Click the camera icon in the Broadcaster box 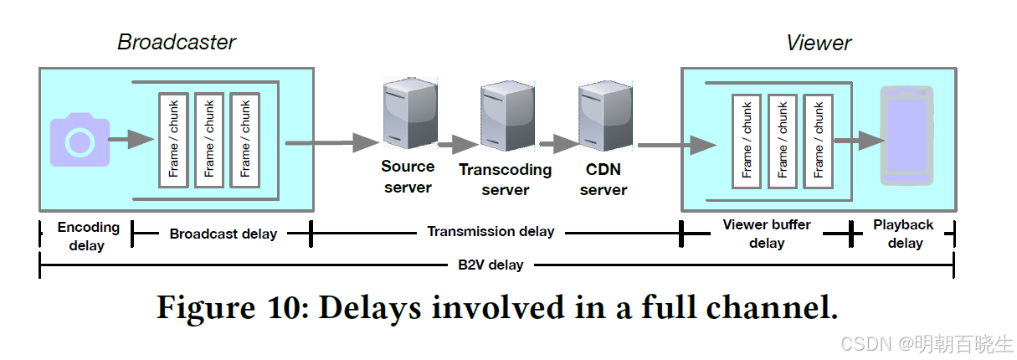click(80, 140)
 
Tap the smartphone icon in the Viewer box click(906, 136)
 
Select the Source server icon click(409, 113)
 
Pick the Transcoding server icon click(506, 117)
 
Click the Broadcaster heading click(177, 42)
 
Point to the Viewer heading click(819, 42)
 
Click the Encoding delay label click(87, 236)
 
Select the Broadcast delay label click(223, 234)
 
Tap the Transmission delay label click(491, 231)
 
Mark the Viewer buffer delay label click(767, 234)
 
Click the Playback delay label click(904, 234)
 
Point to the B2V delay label click(491, 265)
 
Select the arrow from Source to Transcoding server click(457, 144)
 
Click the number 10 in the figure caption click(279, 308)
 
